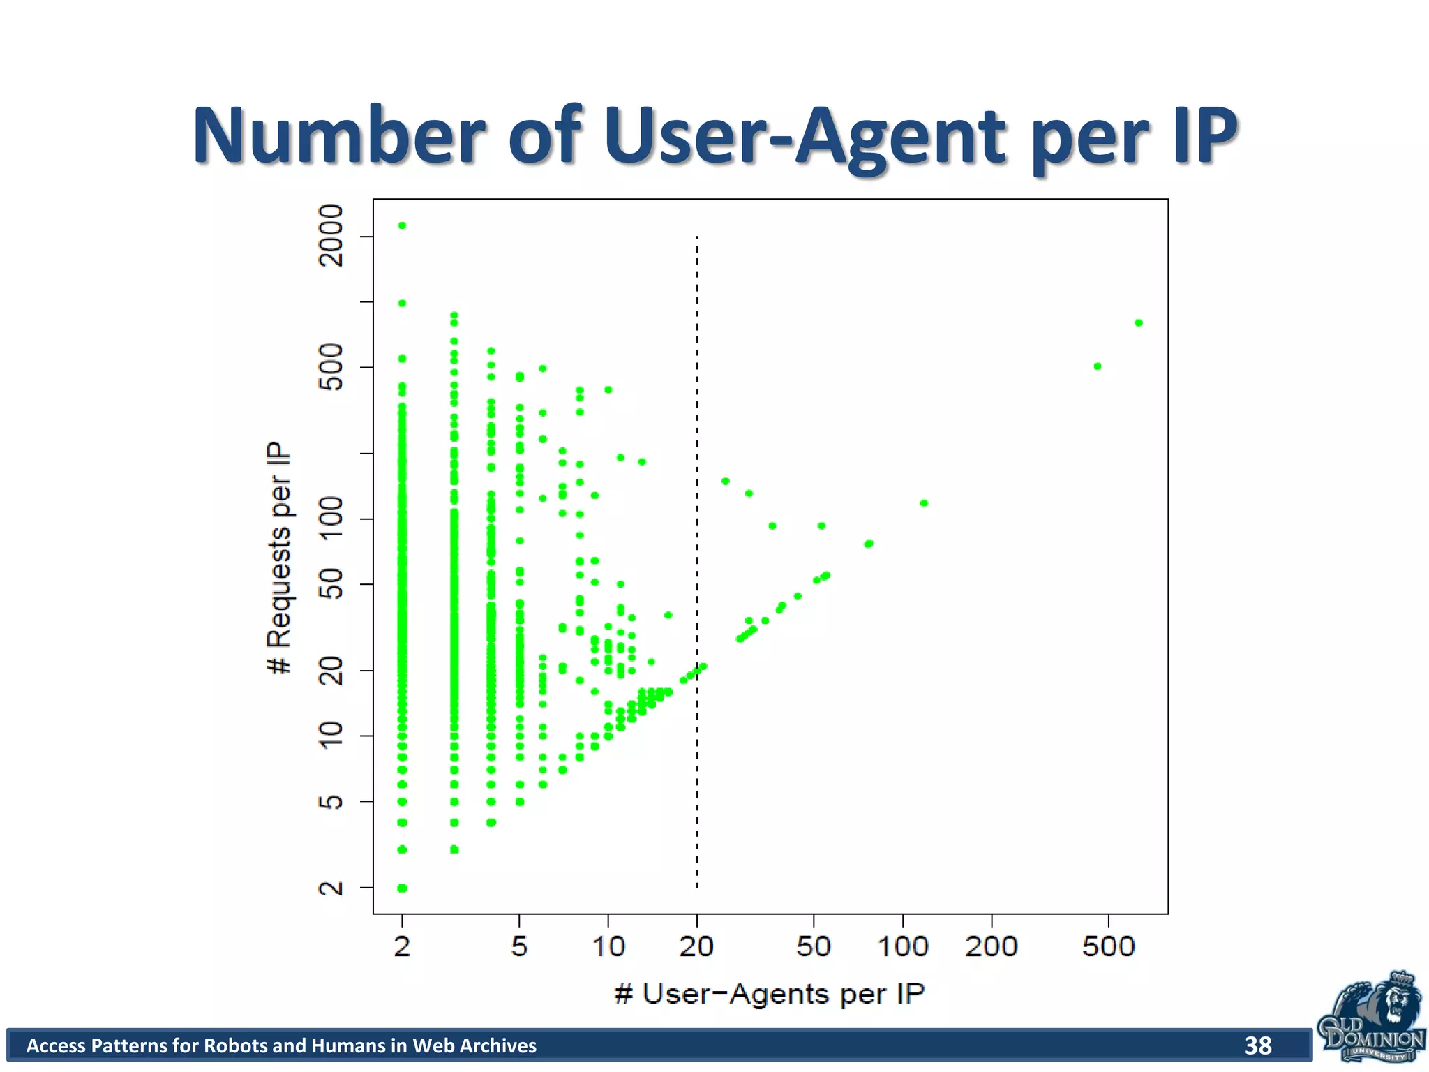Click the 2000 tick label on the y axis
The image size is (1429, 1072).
pyautogui.click(x=331, y=236)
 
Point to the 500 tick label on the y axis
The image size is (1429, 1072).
pyautogui.click(x=331, y=366)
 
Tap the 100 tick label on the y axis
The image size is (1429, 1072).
pyautogui.click(x=331, y=519)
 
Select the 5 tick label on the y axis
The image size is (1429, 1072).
pyautogui.click(x=331, y=801)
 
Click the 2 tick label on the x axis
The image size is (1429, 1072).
pyautogui.click(x=402, y=947)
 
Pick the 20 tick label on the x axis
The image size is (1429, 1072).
pyautogui.click(x=696, y=947)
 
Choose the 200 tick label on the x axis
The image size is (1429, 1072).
pyautogui.click(x=991, y=947)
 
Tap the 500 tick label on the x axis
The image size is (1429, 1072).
pyautogui.click(x=1108, y=947)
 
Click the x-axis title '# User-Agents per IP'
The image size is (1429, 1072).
pyautogui.click(x=770, y=994)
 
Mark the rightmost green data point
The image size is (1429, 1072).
pyautogui.click(x=1138, y=322)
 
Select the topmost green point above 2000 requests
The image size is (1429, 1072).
pyautogui.click(x=402, y=225)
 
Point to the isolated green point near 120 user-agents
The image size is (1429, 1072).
pyautogui.click(x=924, y=503)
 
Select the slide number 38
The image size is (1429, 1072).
pyautogui.click(x=1258, y=1045)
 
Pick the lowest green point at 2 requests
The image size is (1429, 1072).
pyautogui.click(x=402, y=888)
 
